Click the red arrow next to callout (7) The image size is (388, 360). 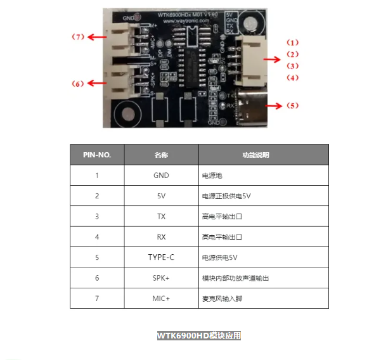coord(96,37)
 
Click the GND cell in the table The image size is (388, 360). coord(161,176)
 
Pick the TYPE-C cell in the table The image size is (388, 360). coord(161,257)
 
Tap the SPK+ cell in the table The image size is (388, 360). coord(161,278)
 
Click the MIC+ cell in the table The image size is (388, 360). coord(161,298)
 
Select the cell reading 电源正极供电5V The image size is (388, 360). coord(227,196)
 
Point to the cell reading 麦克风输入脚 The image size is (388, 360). coord(221,298)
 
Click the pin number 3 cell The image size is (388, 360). coord(97,216)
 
